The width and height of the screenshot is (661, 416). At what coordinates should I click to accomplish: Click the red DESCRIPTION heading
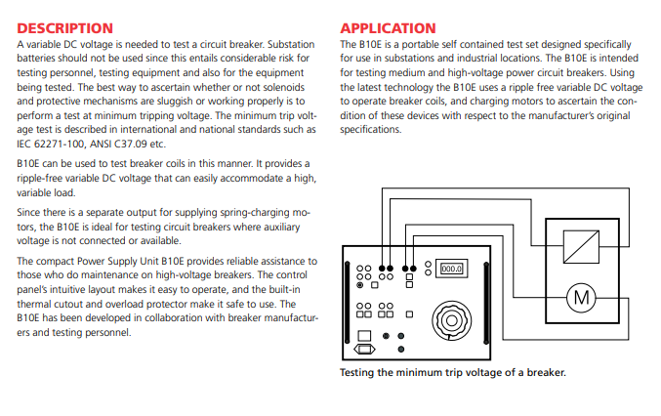coord(65,28)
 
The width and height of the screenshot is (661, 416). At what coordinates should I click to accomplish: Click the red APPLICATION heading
coord(388,28)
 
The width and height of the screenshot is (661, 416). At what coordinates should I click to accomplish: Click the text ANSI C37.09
coord(130,143)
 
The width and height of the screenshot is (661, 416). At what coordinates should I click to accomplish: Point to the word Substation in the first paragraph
coord(293,45)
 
